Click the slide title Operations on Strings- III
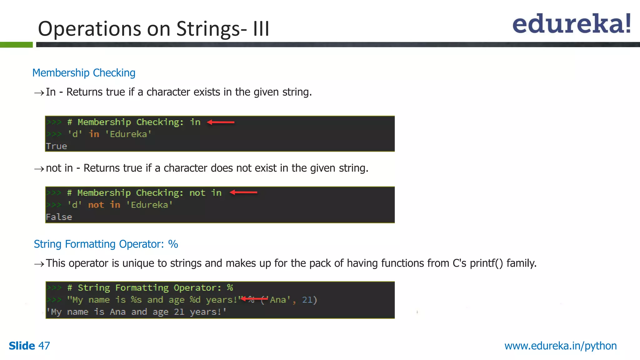[x=153, y=29]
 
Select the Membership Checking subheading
[x=84, y=73]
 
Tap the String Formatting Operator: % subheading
[x=106, y=244]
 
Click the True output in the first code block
[x=57, y=146]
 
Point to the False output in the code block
[x=59, y=217]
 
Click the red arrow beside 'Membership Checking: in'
[x=221, y=122]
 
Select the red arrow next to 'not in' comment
[x=243, y=192]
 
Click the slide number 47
[x=44, y=346]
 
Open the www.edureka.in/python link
[x=560, y=346]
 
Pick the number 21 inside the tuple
[x=307, y=300]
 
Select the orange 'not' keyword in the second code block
[x=96, y=205]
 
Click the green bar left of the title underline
[x=16, y=45]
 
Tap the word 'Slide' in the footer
[x=22, y=346]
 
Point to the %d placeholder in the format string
[x=195, y=300]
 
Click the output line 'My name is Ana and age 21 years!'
[x=136, y=312]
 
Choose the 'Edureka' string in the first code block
[x=128, y=134]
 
